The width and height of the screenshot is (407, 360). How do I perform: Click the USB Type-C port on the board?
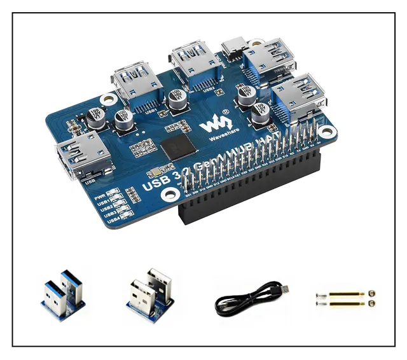point(232,48)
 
